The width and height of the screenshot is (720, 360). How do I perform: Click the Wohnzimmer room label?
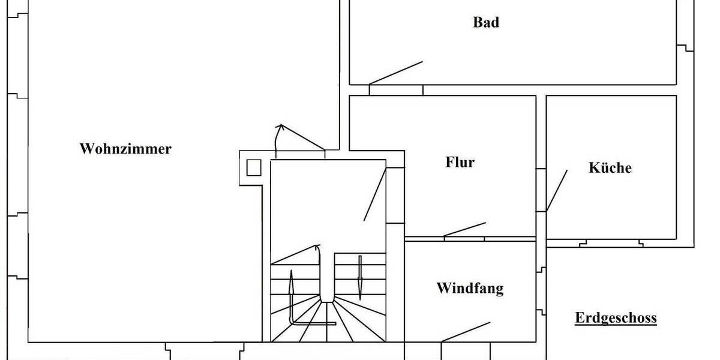(125, 149)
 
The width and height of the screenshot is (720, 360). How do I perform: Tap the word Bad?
(486, 23)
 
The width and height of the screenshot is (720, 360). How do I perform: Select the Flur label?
(460, 162)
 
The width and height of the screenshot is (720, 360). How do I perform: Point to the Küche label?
(610, 167)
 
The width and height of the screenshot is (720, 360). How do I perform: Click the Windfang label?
(470, 288)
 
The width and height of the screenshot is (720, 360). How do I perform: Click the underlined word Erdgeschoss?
(616, 318)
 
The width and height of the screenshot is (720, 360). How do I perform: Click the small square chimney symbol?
(254, 167)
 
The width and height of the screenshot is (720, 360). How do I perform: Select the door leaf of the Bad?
(396, 73)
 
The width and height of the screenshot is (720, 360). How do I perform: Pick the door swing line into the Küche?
(557, 190)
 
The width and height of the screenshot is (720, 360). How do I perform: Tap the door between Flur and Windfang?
(465, 230)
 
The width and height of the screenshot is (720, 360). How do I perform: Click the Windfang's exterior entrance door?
(466, 332)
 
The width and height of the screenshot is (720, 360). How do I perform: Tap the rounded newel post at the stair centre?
(326, 282)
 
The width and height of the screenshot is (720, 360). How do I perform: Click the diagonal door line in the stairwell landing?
(375, 195)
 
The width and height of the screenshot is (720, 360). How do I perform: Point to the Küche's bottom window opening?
(612, 243)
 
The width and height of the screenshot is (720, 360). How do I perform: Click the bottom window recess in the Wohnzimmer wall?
(204, 348)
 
